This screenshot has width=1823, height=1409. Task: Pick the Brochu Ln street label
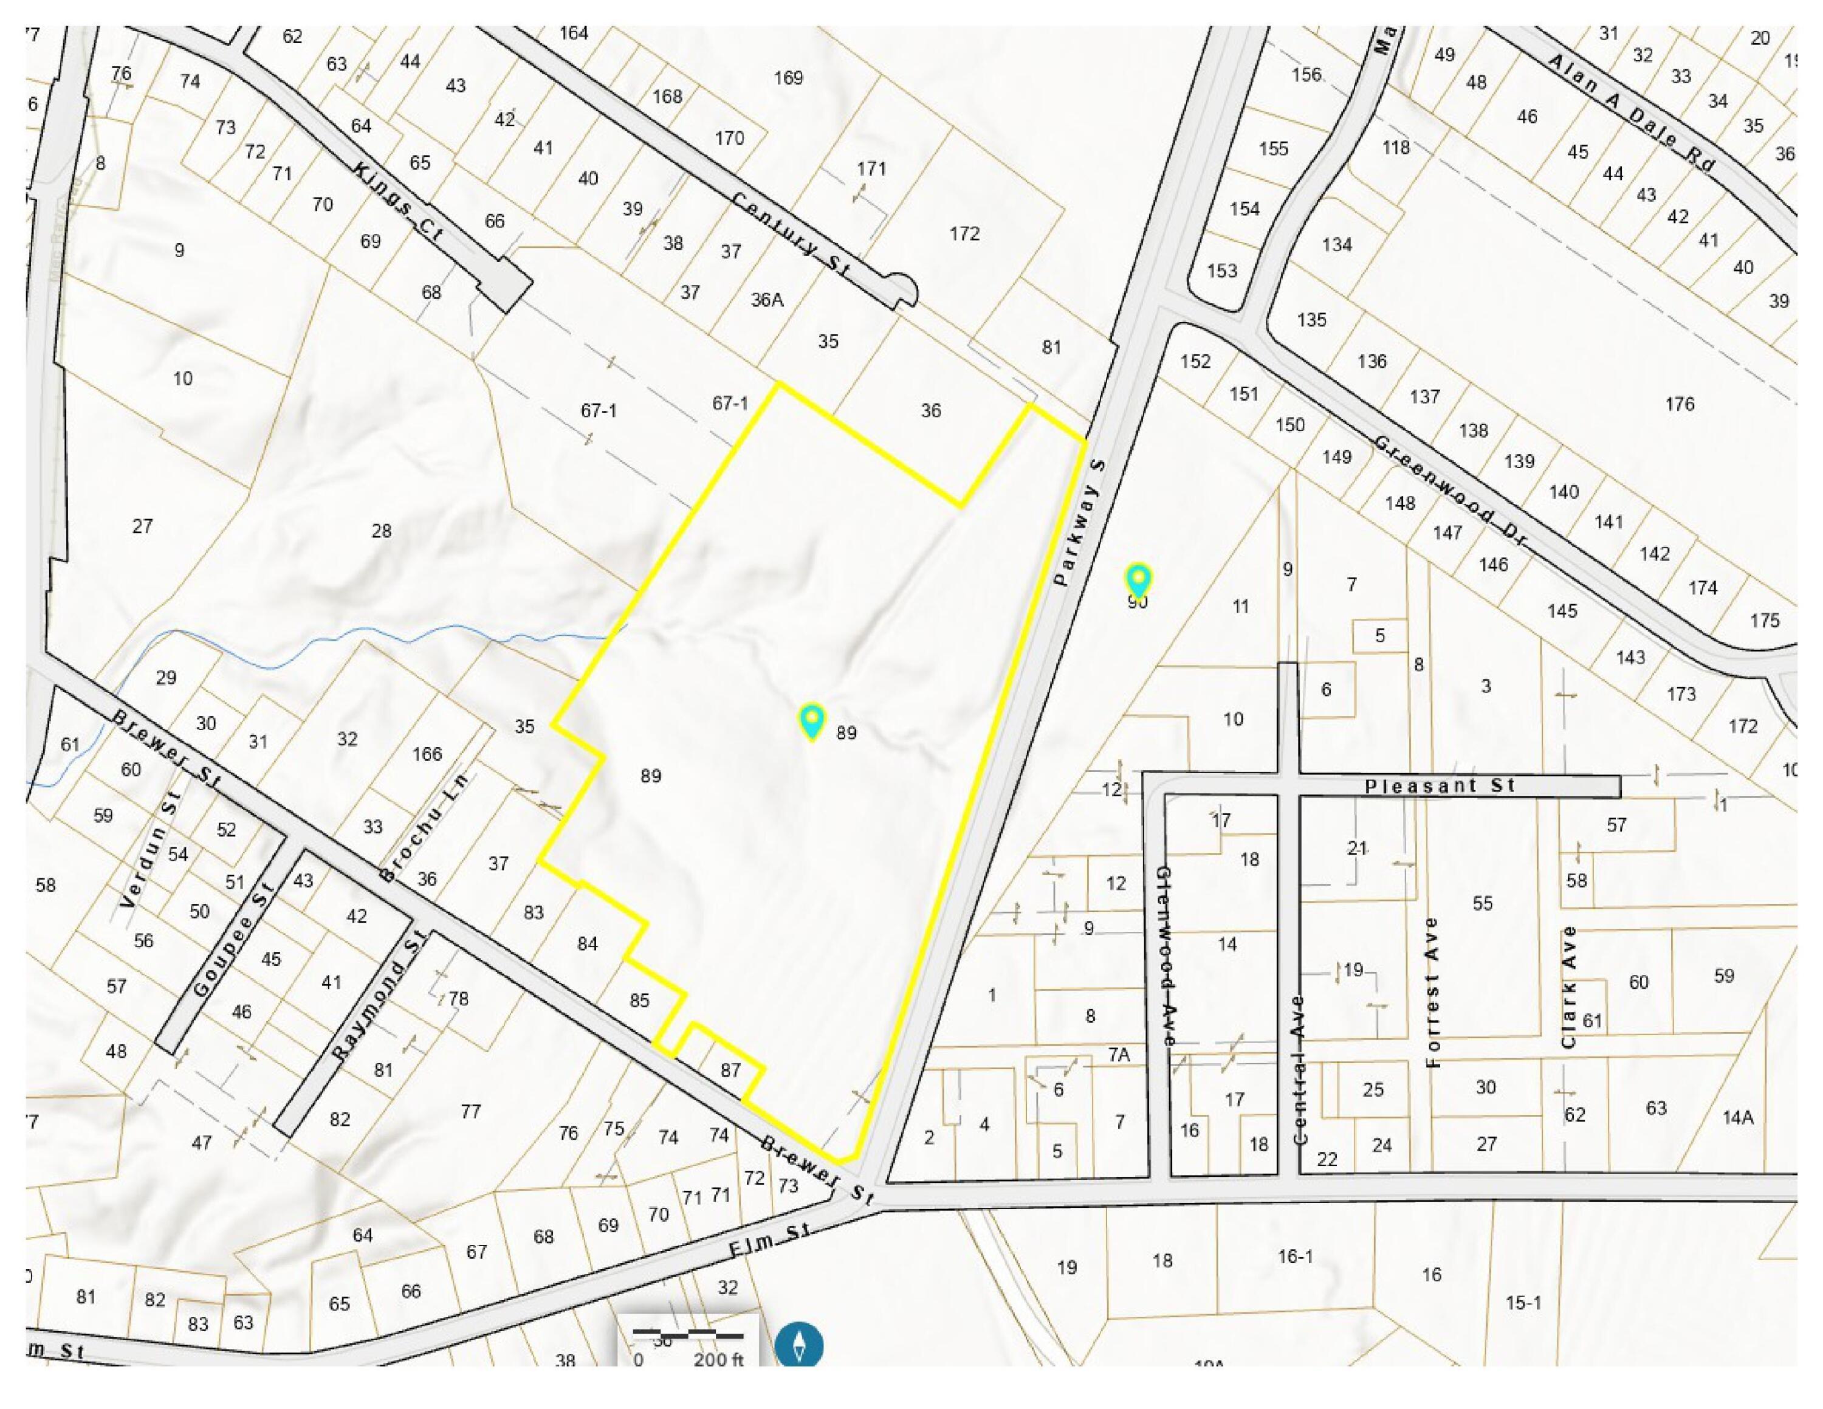click(423, 827)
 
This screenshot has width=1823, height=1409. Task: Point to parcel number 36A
click(766, 300)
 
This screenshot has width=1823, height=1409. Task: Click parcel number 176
click(1680, 404)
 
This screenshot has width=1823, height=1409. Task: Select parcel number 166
click(427, 754)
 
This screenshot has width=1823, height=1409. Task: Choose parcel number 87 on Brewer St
click(730, 1070)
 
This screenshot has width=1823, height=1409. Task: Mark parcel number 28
click(382, 531)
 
